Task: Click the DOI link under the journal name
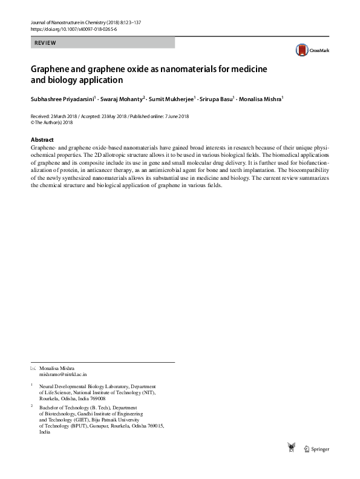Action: (73, 29)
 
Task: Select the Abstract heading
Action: (42, 139)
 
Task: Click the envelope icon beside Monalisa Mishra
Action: (33, 368)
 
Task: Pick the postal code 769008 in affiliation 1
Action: (94, 398)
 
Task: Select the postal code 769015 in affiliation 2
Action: (152, 426)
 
